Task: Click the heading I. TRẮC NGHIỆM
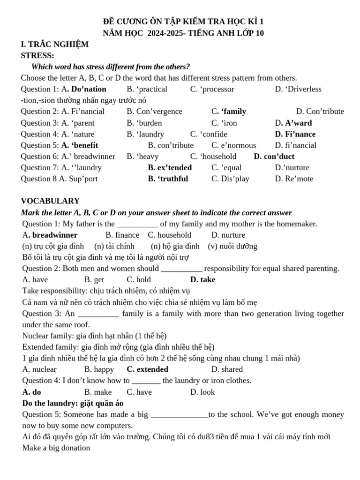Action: coord(54,45)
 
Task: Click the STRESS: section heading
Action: coord(37,56)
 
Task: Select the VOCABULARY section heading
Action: coord(50,201)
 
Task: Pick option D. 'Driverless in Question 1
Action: coord(298,89)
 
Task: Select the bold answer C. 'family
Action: coord(229,112)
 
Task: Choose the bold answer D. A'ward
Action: coord(293,123)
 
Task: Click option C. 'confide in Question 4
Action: coord(209,134)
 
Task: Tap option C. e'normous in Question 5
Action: coord(233,145)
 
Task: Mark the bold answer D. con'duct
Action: coord(274,157)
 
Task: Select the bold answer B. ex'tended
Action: coord(170,168)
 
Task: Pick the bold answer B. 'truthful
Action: coord(168,179)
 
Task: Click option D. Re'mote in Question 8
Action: coord(294,179)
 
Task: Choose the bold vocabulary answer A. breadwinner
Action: coord(50,235)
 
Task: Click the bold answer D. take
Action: coord(203,280)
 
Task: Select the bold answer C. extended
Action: coord(147,369)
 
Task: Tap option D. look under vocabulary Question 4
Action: coord(202,392)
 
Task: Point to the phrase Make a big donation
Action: coord(56,448)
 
